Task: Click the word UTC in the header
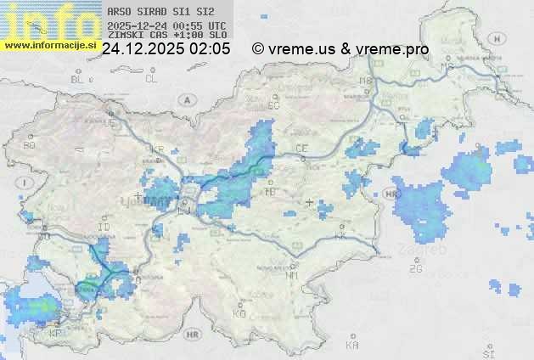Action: (x=217, y=25)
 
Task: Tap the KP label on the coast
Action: (x=56, y=333)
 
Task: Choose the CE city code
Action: (x=301, y=149)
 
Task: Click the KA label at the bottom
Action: (x=352, y=346)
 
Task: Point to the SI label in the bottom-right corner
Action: (x=487, y=351)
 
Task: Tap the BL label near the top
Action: (x=78, y=79)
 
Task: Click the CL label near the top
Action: (x=151, y=79)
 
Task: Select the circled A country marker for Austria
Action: (x=185, y=99)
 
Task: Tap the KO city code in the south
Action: (x=239, y=313)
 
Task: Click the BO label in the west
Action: (x=30, y=145)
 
